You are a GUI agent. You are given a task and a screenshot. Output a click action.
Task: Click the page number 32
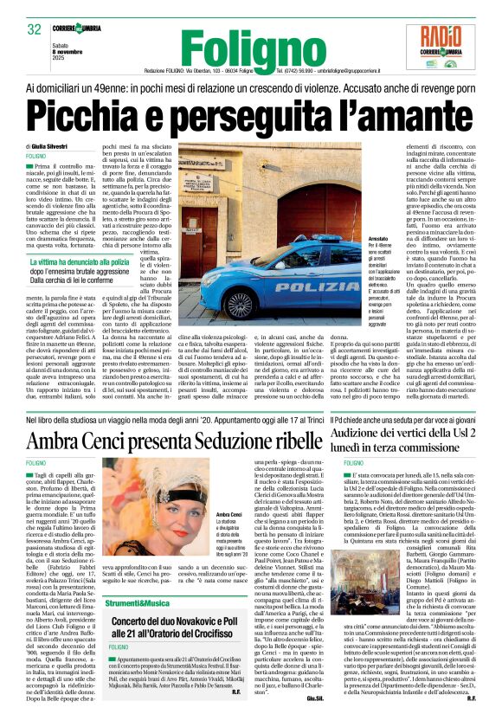34,29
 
